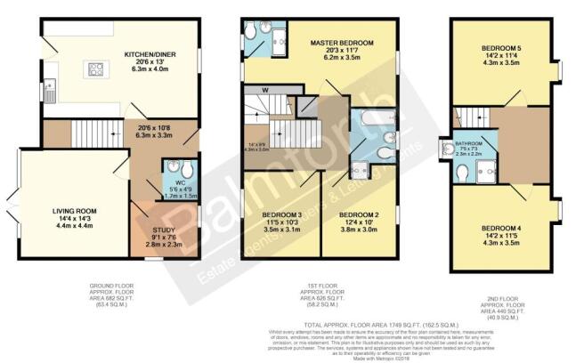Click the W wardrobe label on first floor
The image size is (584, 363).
pyautogui.click(x=266, y=90)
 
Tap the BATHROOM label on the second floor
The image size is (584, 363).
pyautogui.click(x=468, y=142)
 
